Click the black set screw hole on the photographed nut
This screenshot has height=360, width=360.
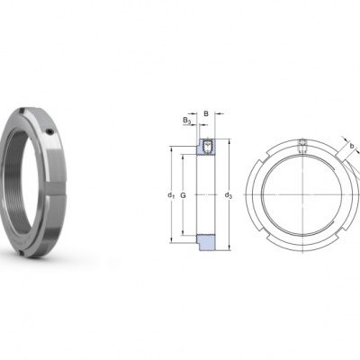(x=50, y=132)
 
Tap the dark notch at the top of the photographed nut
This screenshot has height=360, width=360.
(x=21, y=112)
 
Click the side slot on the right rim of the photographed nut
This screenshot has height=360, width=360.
(x=56, y=189)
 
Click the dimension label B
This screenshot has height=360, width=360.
(x=206, y=113)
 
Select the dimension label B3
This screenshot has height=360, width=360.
(x=187, y=121)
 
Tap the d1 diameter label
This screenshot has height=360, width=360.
(x=171, y=195)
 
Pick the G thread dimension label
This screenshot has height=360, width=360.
(x=183, y=195)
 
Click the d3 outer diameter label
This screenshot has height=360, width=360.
(x=229, y=195)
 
